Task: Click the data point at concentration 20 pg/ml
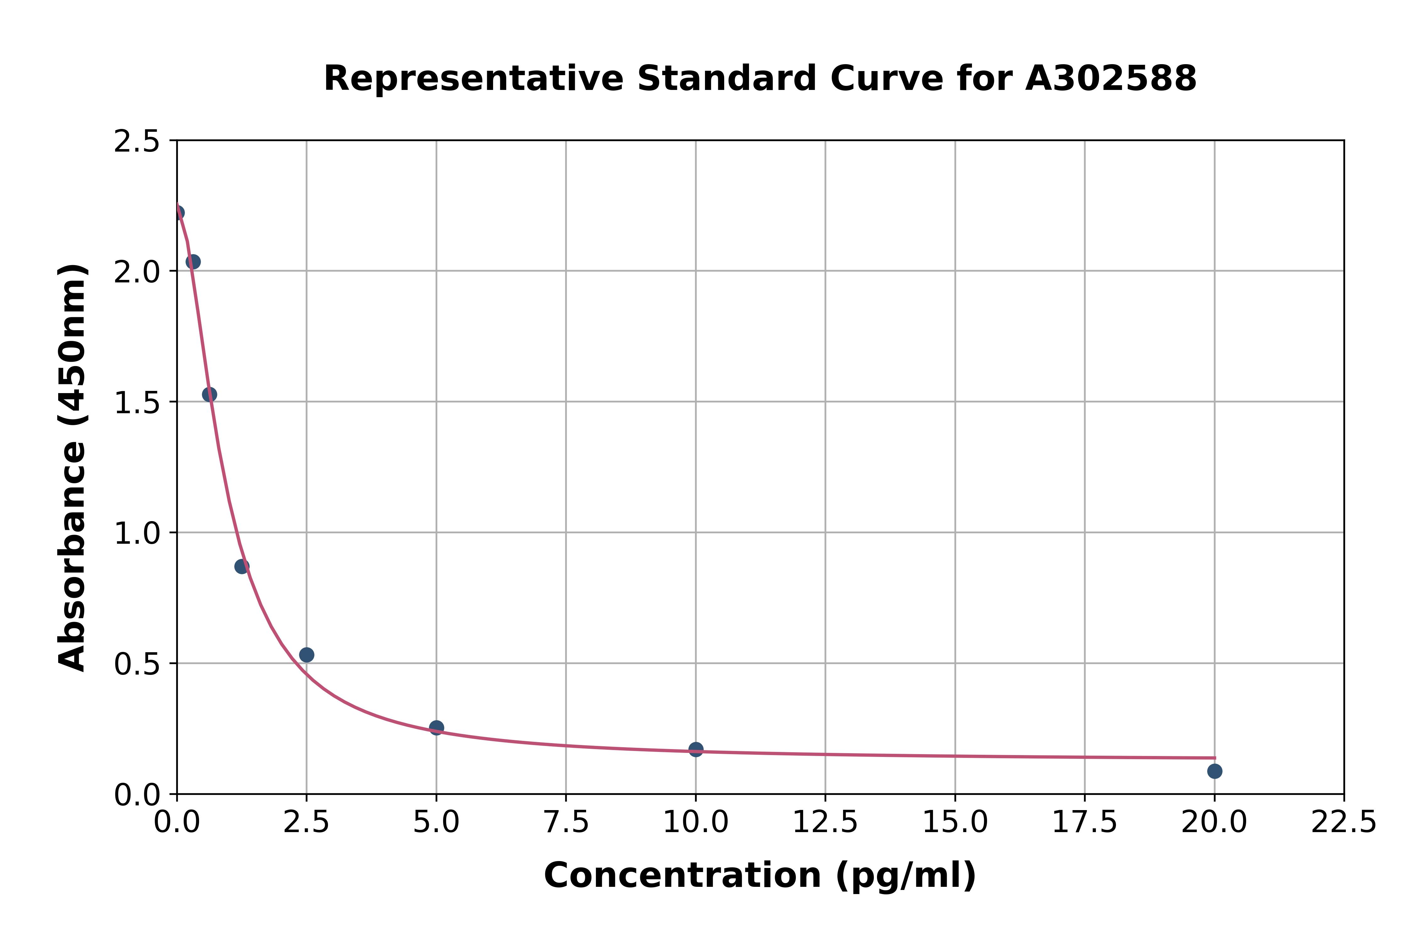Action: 1214,771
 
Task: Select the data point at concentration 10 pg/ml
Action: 696,749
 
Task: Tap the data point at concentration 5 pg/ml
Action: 436,727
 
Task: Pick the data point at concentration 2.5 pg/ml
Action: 307,655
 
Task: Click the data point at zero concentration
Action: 177,213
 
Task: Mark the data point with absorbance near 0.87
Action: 242,566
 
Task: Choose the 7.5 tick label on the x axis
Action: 566,823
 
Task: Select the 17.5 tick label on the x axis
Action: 1085,823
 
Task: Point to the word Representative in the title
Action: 474,79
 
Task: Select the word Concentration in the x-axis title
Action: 682,876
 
